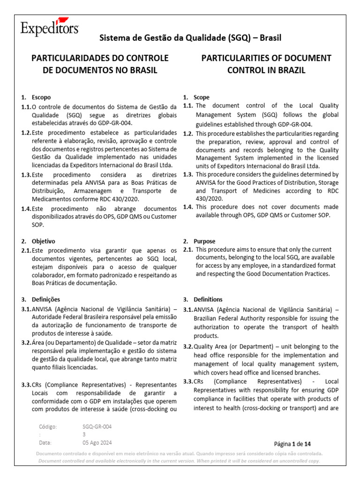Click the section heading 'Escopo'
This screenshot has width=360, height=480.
[41, 97]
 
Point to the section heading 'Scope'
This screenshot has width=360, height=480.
[202, 97]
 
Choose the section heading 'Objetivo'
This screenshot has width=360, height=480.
[43, 241]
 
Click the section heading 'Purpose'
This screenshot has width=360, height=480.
[204, 241]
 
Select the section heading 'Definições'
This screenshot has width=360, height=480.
[46, 299]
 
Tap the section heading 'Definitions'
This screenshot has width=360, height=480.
[208, 299]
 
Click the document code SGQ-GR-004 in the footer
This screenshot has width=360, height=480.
[97, 427]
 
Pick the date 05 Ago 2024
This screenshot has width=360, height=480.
[97, 442]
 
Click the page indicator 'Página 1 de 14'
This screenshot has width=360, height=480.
[292, 443]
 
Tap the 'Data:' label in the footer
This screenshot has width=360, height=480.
[45, 442]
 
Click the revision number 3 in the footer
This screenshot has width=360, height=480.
[84, 435]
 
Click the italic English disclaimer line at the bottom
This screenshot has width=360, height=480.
[180, 461]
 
